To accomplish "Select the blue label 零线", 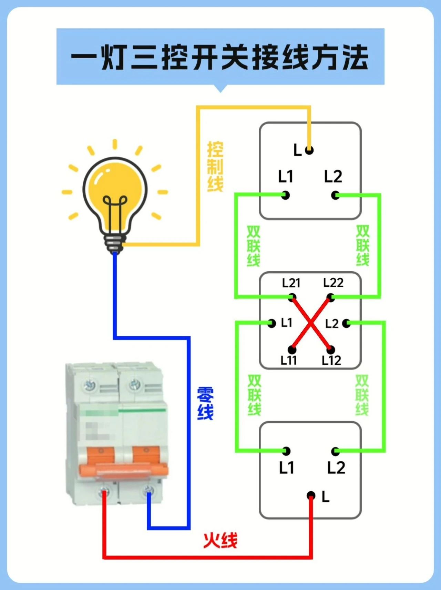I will tap(205, 403).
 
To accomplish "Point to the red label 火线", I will tap(220, 540).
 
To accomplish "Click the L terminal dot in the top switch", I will tap(309, 150).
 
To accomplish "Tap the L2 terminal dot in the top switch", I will tap(335, 195).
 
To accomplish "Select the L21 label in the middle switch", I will tap(291, 283).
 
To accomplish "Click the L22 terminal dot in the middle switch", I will tap(331, 297).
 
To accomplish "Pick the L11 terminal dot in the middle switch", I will tap(292, 350).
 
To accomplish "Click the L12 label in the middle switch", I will tap(331, 361).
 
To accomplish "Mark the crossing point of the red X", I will tap(311, 324).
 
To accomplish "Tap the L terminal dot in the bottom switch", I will tap(311, 496).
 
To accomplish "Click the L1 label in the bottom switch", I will tap(286, 468).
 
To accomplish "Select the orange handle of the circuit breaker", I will tap(123, 469).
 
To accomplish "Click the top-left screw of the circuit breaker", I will tap(90, 384).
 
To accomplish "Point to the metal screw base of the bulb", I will tap(114, 244).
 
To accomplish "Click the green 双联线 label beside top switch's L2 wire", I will tap(362, 246).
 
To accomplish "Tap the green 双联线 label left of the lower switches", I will tap(254, 395).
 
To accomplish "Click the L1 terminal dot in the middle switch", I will tap(272, 323).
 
